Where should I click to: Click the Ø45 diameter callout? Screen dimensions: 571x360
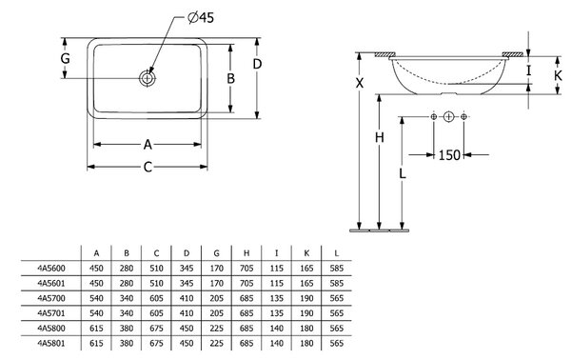201,17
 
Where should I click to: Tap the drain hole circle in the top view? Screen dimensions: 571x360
148,78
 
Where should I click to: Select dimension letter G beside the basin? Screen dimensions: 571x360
65,58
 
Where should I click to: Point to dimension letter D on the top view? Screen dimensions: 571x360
257,64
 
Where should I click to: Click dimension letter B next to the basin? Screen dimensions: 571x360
230,78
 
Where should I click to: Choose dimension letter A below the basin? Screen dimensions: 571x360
148,145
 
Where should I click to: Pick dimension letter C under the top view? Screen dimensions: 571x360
148,168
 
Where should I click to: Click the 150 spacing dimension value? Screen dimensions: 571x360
449,155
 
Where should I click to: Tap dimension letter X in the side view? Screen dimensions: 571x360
360,83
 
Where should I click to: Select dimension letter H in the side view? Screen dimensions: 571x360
380,138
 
